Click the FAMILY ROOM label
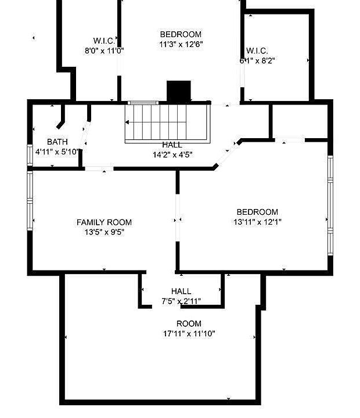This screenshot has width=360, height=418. click(x=104, y=222)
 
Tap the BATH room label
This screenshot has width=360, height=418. click(x=57, y=142)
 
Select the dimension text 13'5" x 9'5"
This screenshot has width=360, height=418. click(x=104, y=232)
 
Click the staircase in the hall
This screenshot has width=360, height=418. click(x=167, y=122)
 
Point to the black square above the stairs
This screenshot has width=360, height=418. click(x=179, y=91)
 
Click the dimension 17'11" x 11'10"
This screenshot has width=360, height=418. click(x=189, y=334)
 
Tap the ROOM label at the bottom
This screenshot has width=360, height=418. click(x=189, y=323)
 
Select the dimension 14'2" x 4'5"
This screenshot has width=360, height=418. click(x=172, y=154)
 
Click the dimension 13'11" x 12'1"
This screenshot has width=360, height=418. click(x=257, y=222)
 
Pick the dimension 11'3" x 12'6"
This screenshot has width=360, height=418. click(x=181, y=44)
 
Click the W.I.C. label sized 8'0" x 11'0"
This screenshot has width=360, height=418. click(x=105, y=41)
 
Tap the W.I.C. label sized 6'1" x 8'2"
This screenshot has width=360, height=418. click(x=257, y=51)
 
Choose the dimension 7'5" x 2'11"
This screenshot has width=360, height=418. click(x=181, y=301)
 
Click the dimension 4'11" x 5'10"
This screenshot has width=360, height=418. click(x=57, y=152)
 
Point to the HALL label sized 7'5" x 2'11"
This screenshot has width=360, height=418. click(x=181, y=291)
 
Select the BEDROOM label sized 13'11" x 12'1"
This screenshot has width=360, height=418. click(x=257, y=212)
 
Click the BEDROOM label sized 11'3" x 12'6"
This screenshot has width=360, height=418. click(x=181, y=34)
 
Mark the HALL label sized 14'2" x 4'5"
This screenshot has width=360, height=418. click(x=172, y=145)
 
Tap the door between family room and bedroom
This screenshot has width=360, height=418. click(x=178, y=219)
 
